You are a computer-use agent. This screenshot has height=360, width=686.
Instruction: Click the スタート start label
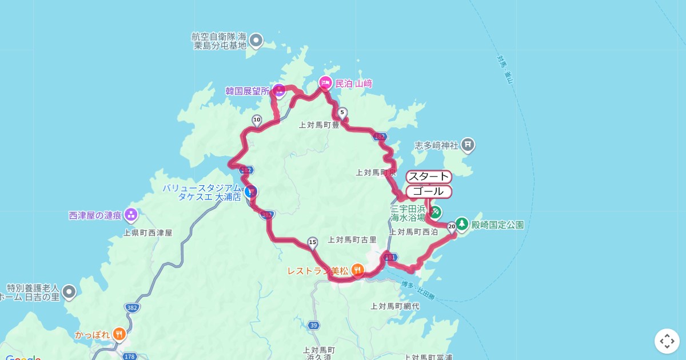(429, 177)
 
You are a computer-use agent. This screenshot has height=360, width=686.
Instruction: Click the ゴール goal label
(429, 191)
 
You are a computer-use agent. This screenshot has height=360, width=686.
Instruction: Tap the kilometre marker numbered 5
(342, 113)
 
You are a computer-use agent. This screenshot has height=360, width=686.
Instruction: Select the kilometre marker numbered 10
(257, 120)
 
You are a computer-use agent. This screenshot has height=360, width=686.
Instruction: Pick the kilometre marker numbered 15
(312, 242)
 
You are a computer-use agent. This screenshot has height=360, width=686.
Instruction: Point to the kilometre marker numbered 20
(452, 226)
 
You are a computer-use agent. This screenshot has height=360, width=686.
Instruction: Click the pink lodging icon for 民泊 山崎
(325, 83)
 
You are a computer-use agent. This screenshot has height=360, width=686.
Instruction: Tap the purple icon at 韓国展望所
(279, 90)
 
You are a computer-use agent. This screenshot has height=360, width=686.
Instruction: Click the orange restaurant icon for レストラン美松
(357, 269)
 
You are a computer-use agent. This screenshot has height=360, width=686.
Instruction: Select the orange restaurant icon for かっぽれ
(119, 334)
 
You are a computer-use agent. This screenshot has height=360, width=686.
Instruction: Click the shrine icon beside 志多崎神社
(468, 145)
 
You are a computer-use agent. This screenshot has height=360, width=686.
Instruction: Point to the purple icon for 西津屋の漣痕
(131, 215)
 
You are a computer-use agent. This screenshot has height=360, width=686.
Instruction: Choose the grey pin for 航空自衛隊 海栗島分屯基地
(256, 41)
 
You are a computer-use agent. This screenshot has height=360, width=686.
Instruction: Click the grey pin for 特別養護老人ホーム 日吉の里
(69, 292)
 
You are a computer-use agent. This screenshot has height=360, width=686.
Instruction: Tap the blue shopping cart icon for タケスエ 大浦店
(250, 192)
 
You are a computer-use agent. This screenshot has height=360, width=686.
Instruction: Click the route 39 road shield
(313, 325)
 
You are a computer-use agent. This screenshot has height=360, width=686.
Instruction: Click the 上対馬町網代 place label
(394, 306)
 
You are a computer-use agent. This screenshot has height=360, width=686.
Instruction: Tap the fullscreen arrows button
(667, 341)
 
